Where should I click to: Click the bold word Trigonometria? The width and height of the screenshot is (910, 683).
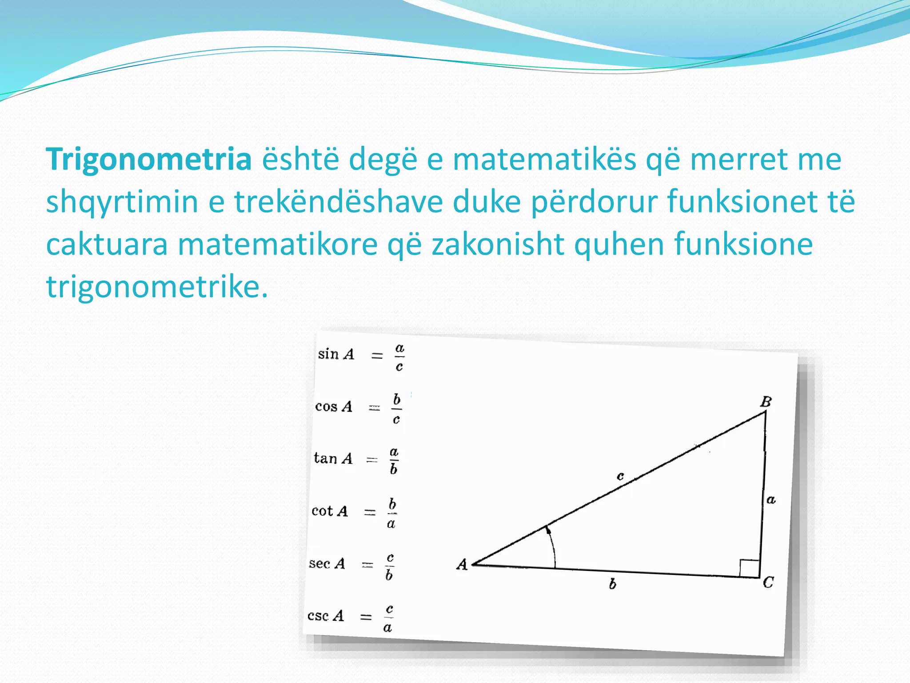pos(149,160)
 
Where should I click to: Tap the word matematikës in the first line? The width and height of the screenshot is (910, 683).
pos(544,160)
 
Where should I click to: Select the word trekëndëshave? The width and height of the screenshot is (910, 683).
pos(339,202)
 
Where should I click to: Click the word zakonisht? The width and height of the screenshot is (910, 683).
pos(498,244)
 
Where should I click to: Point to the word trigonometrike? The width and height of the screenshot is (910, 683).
pos(157,287)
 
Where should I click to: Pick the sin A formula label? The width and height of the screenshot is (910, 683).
pos(336,354)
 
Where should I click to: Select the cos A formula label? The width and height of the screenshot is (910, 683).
pos(334,406)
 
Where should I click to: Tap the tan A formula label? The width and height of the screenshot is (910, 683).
pos(333,458)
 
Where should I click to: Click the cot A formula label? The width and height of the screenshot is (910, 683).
pos(330,511)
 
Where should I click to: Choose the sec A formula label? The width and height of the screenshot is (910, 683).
pos(327,563)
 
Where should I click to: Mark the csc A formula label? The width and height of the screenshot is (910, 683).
pos(326,616)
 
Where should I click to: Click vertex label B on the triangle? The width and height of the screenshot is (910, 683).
pos(766,402)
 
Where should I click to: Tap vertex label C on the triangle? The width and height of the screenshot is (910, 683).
pos(768,582)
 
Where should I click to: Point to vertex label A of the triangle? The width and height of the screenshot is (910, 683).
pos(462,564)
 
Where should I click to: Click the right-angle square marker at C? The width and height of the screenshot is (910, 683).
pos(749,568)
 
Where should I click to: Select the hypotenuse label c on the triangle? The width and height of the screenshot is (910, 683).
pos(621,476)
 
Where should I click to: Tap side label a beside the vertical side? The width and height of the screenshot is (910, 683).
pos(771,500)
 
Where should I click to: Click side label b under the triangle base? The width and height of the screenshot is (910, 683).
pos(613,584)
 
